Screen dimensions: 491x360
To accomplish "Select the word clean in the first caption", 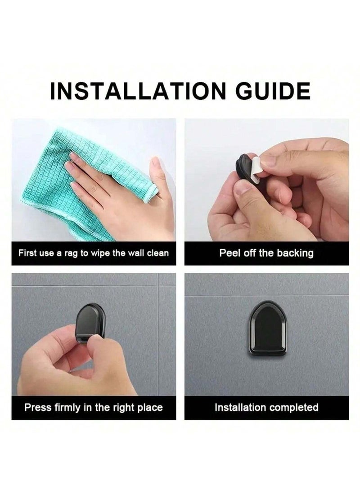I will [157, 253].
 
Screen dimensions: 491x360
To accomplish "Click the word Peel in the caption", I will [228, 253].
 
